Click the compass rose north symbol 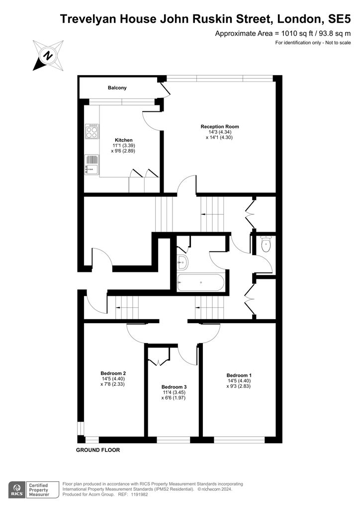pyautogui.click(x=48, y=56)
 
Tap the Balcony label pyautogui.click(x=117, y=87)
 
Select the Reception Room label pyautogui.click(x=220, y=127)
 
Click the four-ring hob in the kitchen pyautogui.click(x=91, y=131)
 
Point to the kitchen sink pyautogui.click(x=91, y=165)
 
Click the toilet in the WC pyautogui.click(x=266, y=244)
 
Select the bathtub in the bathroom pyautogui.click(x=201, y=282)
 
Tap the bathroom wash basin pyautogui.click(x=182, y=261)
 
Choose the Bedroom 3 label pyautogui.click(x=174, y=387)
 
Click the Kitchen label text pyautogui.click(x=124, y=140)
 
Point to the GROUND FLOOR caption pyautogui.click(x=98, y=450)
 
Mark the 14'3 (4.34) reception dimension pyautogui.click(x=220, y=132)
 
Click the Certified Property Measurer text pyautogui.click(x=39, y=490)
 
